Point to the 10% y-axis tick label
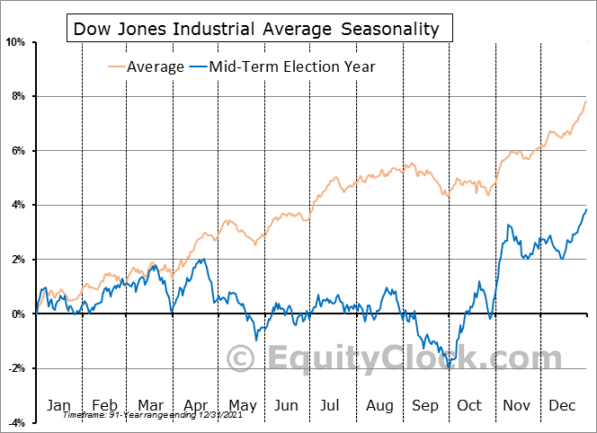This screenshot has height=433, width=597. coord(16,41)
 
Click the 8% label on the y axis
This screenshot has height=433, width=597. coord(19,96)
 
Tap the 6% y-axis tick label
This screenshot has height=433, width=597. coord(19,150)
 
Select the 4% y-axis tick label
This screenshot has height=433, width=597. coord(19,205)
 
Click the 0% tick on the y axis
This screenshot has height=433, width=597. coord(19,314)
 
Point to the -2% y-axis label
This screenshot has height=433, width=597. coord(17,368)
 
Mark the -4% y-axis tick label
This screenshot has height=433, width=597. coord(17,422)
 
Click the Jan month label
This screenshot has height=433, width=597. coord(58,405)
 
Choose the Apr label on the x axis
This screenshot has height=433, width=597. coord(195,405)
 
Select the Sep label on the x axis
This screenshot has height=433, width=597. coord(426,405)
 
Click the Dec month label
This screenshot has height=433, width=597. coord(564,405)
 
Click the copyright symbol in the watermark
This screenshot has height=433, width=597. coord(240,359)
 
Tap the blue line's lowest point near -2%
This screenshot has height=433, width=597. coord(449,367)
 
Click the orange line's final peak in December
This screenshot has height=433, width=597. coord(586,101)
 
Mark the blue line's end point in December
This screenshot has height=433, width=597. coord(586,209)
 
